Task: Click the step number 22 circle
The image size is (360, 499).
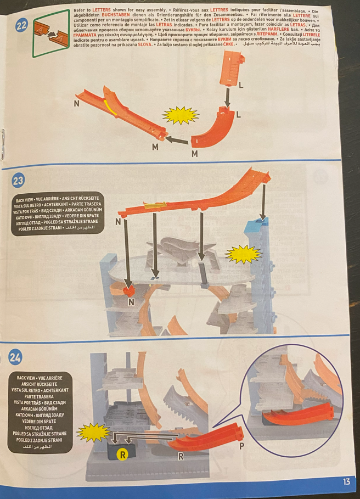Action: (21, 25)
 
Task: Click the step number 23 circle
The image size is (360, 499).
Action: (18, 180)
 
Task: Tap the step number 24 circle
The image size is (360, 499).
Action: (15, 358)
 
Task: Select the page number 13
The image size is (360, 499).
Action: (346, 481)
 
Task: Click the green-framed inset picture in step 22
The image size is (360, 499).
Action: (51, 33)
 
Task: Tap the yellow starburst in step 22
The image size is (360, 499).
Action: (181, 116)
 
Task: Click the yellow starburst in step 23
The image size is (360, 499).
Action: (243, 254)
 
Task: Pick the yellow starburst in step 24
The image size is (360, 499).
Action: (93, 433)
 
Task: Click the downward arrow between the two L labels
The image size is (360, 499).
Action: (227, 99)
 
